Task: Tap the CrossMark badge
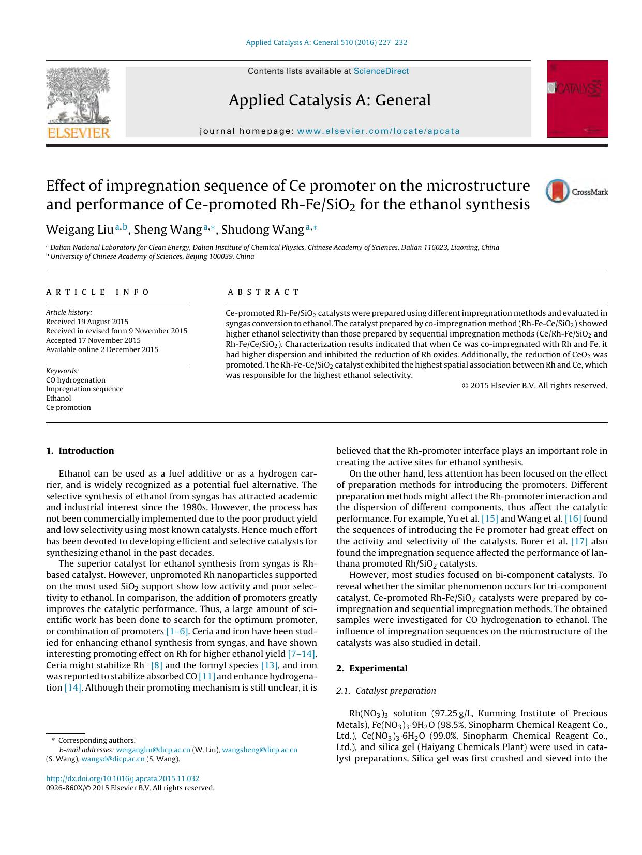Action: [576, 191]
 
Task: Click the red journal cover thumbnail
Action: [577, 99]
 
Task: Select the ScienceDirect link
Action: [381, 71]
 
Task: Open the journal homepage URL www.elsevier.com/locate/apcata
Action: [378, 131]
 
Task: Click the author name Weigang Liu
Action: [76, 230]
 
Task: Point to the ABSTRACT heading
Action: [263, 292]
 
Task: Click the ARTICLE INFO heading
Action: [98, 292]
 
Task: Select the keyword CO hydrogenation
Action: [76, 380]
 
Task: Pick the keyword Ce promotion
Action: [68, 407]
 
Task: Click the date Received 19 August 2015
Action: [87, 322]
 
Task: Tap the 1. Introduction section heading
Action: [80, 451]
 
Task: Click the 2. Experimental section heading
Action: [371, 668]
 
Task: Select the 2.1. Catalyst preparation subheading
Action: [386, 691]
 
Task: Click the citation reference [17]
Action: [579, 541]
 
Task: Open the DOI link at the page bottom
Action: [123, 778]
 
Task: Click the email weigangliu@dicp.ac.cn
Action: [153, 750]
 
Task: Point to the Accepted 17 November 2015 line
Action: [93, 340]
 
